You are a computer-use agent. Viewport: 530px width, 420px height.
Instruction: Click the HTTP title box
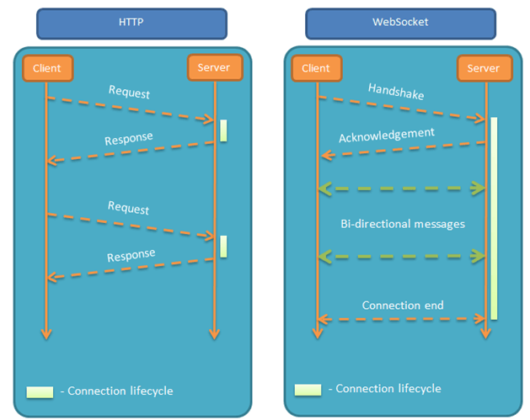tap(131, 23)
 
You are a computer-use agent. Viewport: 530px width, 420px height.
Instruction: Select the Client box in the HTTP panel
tap(47, 67)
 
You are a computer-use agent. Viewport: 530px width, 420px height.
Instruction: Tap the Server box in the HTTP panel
tap(214, 67)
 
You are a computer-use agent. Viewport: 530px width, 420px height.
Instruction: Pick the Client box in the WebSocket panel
tap(316, 68)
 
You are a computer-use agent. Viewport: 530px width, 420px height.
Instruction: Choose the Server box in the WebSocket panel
tap(484, 68)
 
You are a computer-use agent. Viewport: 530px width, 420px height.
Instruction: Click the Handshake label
tap(396, 92)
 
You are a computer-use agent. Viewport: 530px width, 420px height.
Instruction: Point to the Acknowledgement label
tap(387, 135)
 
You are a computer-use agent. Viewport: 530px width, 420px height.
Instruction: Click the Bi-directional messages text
tap(403, 224)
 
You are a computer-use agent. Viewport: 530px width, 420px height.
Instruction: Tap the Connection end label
tap(403, 305)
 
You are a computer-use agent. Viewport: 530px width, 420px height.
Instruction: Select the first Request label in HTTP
tap(129, 92)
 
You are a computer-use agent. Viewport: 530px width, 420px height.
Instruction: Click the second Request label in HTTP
tap(129, 208)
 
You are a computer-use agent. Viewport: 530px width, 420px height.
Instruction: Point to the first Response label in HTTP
tap(129, 138)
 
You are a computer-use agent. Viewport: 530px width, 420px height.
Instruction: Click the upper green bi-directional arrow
tap(403, 188)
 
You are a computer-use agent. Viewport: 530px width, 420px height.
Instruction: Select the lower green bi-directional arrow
tap(403, 255)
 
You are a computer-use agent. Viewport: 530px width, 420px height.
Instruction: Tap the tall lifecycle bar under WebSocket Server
tap(494, 218)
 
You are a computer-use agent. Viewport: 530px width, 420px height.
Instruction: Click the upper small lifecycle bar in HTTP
tap(224, 130)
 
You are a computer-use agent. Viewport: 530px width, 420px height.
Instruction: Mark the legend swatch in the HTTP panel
tap(40, 391)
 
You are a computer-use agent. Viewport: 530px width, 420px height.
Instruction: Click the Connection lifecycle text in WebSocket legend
tap(388, 389)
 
